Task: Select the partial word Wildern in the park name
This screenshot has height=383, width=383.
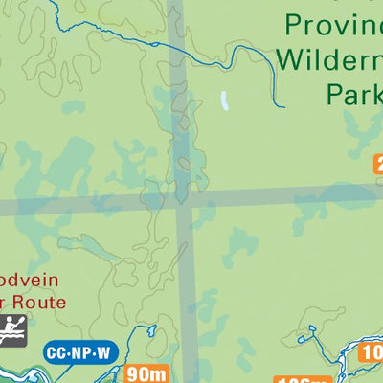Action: [329, 59]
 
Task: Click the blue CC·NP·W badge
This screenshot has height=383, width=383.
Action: [80, 353]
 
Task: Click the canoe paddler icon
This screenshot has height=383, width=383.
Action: [12, 328]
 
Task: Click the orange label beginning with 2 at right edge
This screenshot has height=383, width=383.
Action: [377, 165]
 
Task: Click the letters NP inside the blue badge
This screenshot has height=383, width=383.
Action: [80, 353]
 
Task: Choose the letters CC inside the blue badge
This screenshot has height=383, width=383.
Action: [60, 353]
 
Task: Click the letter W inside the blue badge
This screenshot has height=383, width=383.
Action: [102, 353]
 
